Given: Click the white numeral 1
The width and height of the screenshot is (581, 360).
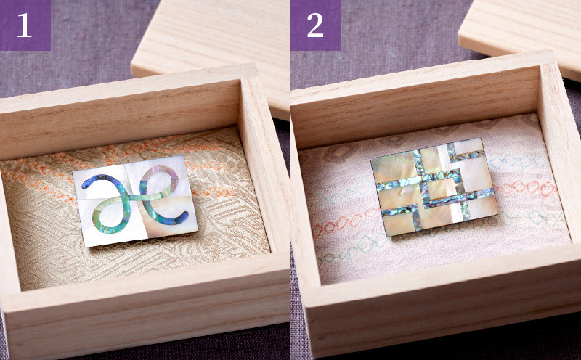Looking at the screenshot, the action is point(25,25).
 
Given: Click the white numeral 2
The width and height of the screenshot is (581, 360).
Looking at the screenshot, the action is point(315,25).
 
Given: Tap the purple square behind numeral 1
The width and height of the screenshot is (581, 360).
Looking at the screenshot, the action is point(25,25).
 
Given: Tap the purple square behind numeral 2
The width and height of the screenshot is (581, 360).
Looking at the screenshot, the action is point(316,25).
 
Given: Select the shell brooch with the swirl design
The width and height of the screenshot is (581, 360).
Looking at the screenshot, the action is point(135,201).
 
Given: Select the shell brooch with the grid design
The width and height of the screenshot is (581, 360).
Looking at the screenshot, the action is point(434,187).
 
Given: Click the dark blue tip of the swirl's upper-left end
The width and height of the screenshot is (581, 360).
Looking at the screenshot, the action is point(85,182).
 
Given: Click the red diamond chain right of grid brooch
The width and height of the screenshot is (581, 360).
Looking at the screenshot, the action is point(526,187).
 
